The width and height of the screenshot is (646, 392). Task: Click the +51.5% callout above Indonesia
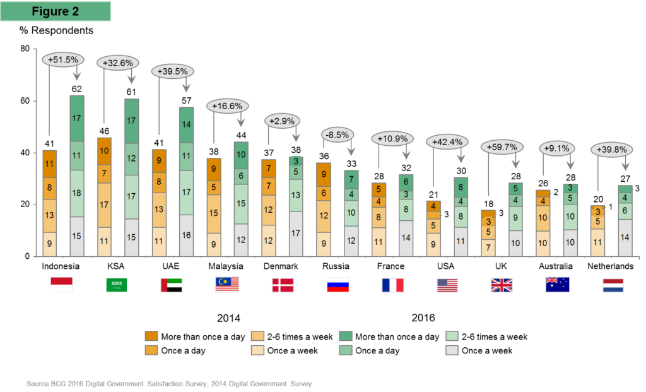point(63,59)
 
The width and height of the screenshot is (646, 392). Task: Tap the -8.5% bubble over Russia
point(336,134)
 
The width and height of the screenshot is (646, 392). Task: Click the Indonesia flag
point(61,285)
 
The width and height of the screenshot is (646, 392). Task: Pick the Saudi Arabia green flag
point(116,285)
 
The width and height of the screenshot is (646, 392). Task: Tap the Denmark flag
point(283,285)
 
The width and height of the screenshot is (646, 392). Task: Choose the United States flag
point(447,285)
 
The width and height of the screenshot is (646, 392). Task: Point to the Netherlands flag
point(613,285)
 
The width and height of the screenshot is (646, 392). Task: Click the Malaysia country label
point(226,266)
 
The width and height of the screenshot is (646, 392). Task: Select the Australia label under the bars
point(556,266)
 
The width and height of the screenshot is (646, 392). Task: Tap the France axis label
point(391,266)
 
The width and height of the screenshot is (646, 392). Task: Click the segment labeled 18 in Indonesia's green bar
point(77,193)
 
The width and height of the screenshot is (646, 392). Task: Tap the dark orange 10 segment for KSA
point(104,151)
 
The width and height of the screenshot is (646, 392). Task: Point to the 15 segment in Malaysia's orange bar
point(214,214)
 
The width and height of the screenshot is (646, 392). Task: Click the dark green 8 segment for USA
point(462,187)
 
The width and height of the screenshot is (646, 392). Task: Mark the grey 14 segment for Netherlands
point(625,237)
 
